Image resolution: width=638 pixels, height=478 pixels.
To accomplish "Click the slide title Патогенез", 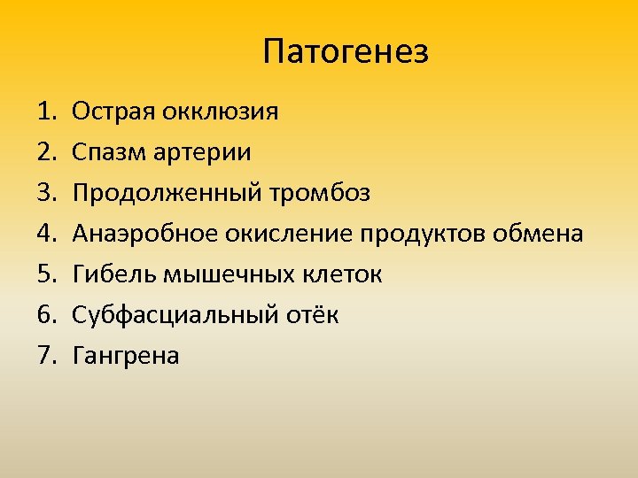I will click(x=346, y=52).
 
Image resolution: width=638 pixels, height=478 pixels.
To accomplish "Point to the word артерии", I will click(x=205, y=153).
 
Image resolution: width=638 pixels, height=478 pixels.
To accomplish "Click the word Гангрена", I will click(x=125, y=356).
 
